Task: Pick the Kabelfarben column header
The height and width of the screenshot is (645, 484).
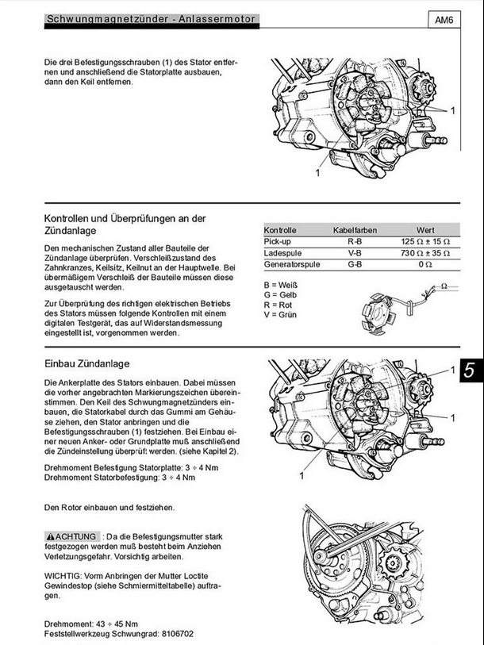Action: (x=355, y=229)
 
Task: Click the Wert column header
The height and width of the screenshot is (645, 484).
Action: (x=425, y=229)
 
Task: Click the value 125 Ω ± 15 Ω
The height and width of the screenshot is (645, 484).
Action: (x=425, y=240)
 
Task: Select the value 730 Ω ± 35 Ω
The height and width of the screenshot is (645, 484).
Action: (x=425, y=252)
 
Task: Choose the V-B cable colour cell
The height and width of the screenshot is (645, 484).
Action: (x=355, y=252)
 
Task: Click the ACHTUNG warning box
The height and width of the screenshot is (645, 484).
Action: (x=72, y=536)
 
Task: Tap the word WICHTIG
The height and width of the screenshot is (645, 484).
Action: (x=63, y=574)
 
